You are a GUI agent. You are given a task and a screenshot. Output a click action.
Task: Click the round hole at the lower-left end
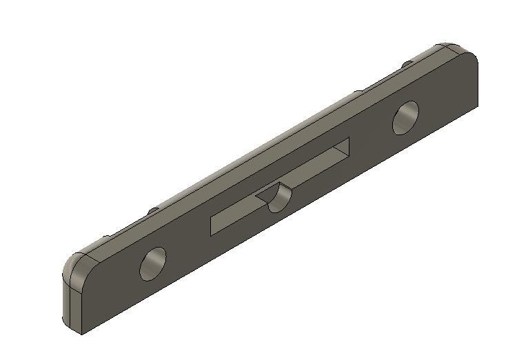[x=153, y=263]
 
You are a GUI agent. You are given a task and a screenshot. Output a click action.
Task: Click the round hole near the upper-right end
[x=406, y=117]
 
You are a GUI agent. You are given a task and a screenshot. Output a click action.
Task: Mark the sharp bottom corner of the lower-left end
[x=82, y=334]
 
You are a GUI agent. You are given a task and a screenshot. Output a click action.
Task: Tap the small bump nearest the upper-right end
[x=407, y=64]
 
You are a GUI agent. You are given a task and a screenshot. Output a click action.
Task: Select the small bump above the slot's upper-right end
[x=358, y=92]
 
